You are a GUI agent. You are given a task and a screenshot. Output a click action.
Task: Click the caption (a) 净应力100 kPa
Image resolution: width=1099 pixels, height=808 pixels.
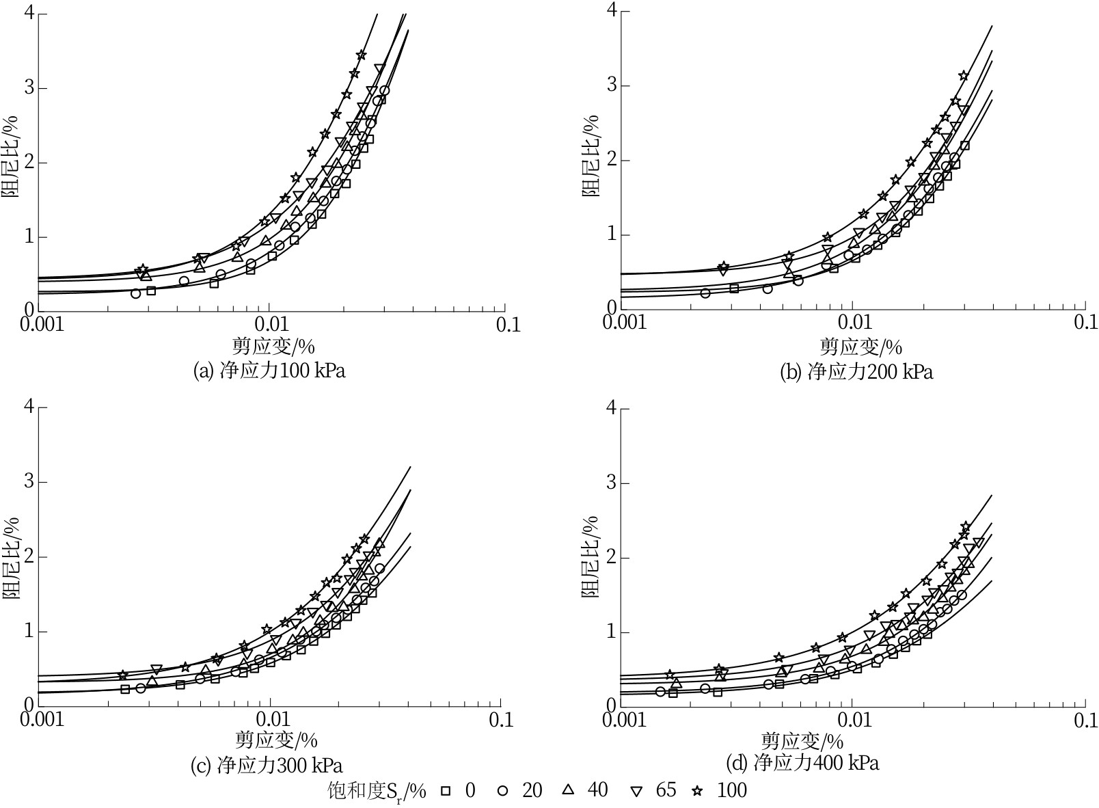(x=269, y=371)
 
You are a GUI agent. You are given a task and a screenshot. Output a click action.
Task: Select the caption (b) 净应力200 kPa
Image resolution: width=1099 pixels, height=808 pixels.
(x=856, y=371)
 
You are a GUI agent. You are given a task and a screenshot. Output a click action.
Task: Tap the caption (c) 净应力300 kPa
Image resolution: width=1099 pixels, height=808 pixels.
(x=267, y=765)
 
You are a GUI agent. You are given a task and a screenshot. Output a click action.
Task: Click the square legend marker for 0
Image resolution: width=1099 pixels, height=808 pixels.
(x=445, y=791)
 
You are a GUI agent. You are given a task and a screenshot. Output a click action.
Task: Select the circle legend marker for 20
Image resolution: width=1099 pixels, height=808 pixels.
(x=503, y=791)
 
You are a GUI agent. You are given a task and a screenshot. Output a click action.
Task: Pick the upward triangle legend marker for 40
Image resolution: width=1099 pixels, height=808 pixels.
(x=568, y=790)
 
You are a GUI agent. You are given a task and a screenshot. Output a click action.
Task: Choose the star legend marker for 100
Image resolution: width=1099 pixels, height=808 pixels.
(x=697, y=791)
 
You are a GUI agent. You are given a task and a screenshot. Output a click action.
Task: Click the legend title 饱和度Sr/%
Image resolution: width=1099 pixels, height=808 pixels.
(x=376, y=792)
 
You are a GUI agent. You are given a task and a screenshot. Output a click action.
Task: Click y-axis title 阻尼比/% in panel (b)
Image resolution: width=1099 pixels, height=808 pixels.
(x=590, y=156)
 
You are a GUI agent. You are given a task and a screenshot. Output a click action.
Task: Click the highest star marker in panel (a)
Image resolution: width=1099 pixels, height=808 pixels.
(x=362, y=55)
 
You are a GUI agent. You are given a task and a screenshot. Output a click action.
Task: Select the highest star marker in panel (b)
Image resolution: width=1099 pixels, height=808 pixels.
(x=964, y=75)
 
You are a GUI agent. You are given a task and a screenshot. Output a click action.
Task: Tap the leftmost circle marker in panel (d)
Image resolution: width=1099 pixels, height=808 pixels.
(x=660, y=691)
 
